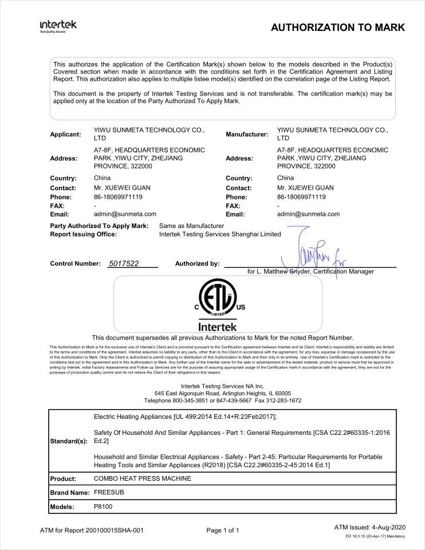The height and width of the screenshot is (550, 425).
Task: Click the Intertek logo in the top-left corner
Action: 58,26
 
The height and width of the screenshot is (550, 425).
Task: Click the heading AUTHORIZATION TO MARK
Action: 337,27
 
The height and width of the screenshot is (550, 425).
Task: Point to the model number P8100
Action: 104,506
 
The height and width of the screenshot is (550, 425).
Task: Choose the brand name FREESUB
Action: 109,492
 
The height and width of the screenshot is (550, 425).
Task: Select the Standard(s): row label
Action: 69,441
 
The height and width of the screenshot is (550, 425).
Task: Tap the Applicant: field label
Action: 65,134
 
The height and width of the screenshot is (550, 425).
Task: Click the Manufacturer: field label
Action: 247,134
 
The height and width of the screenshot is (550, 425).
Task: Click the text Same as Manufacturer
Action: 191,226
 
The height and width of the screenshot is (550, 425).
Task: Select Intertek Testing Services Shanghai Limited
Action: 220,234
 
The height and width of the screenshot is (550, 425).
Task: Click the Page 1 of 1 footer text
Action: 223,531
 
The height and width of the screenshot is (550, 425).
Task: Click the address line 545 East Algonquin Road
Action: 222,393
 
